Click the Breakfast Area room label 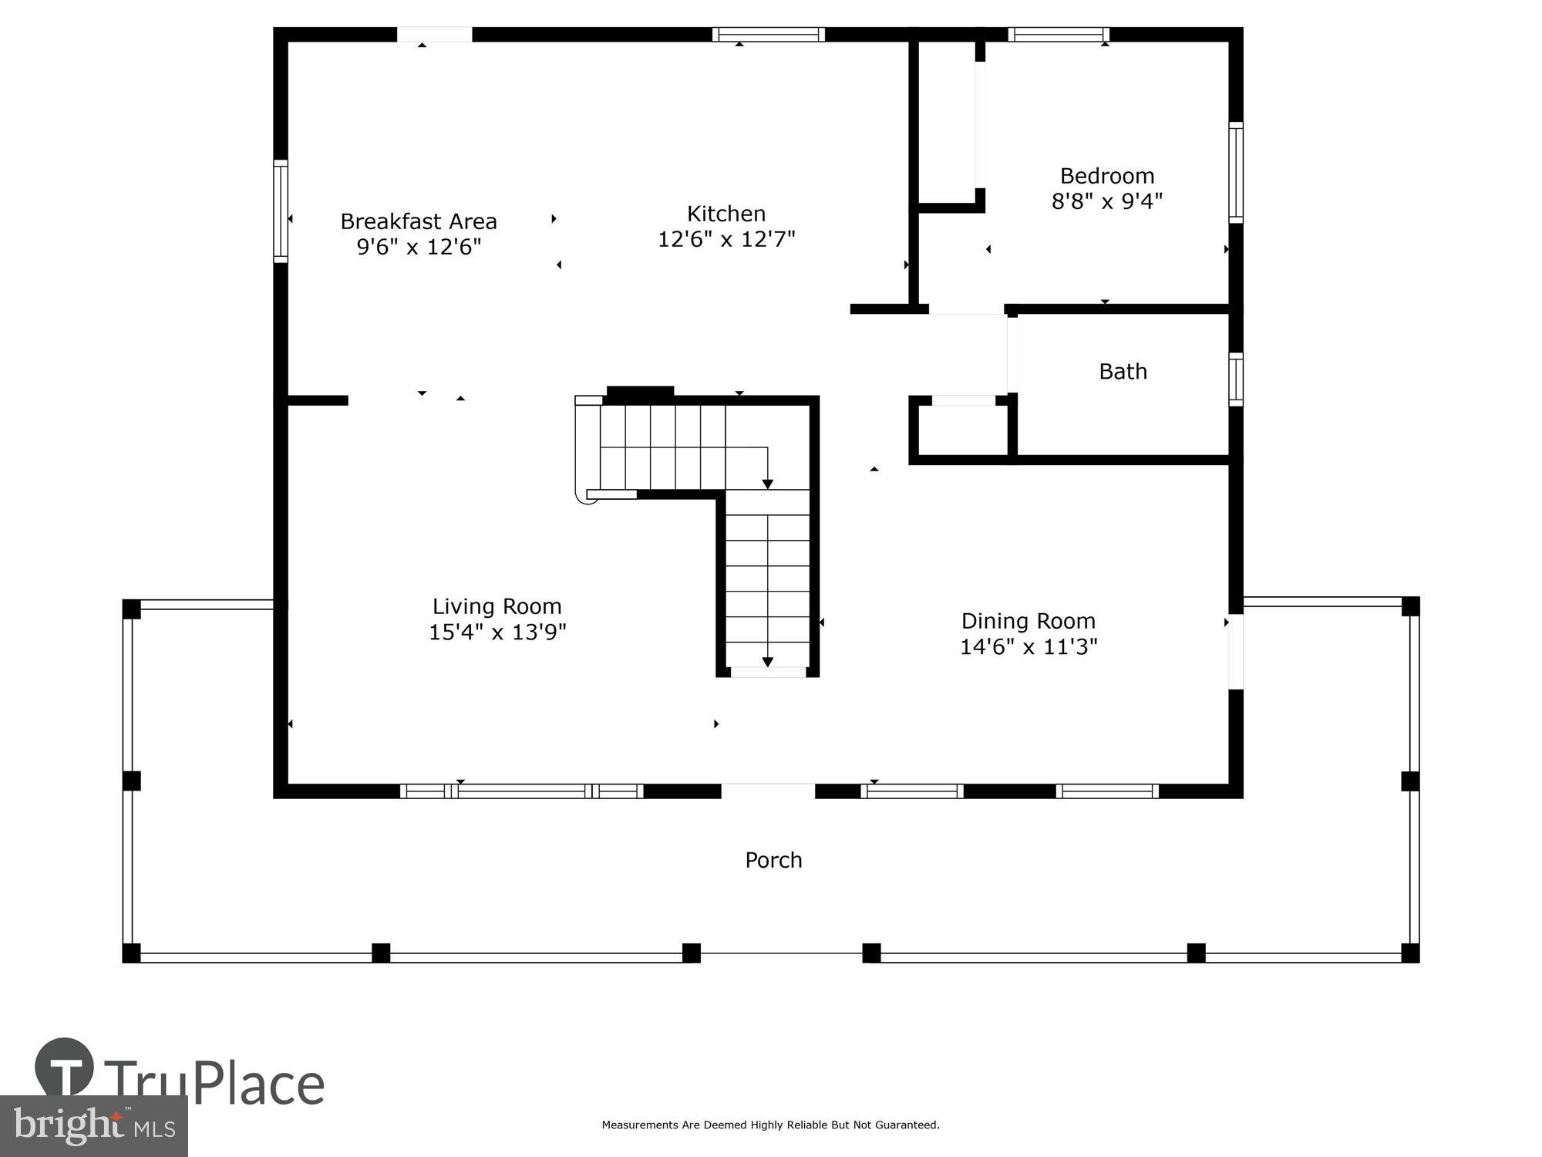click(x=419, y=221)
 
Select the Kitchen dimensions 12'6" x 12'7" click(x=726, y=239)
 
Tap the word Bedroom click(x=1106, y=176)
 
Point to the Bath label click(x=1123, y=372)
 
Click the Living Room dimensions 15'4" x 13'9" click(x=497, y=632)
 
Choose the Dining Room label click(x=1028, y=621)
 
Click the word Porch click(x=773, y=860)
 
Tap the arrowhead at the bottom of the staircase click(x=768, y=662)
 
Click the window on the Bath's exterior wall click(x=1235, y=379)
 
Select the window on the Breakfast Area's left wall click(x=281, y=211)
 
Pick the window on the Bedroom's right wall click(x=1235, y=172)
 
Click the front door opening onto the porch click(x=768, y=791)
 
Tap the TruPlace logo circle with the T click(x=65, y=1068)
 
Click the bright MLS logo click(x=93, y=1126)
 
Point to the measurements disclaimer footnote click(x=770, y=1125)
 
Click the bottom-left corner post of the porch click(x=132, y=953)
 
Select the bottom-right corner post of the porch click(x=1409, y=953)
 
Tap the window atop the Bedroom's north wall click(x=1058, y=35)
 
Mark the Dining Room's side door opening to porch click(x=1235, y=650)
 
